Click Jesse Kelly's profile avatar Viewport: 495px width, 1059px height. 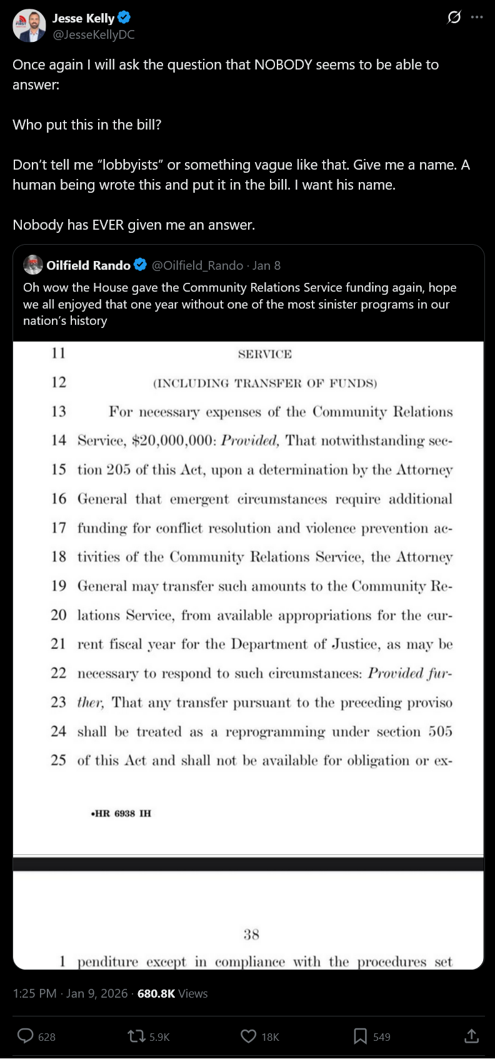pos(29,26)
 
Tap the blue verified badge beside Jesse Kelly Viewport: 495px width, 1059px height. pos(124,18)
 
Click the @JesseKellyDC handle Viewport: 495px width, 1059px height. pos(94,35)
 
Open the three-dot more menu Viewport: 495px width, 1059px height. pos(477,18)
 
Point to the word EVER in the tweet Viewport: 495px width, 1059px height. pos(107,225)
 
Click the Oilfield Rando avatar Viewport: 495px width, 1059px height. pos(33,265)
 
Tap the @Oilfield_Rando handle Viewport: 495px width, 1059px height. pos(197,265)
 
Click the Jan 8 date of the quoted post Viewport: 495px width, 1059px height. pos(267,265)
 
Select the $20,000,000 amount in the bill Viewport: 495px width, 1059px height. pos(172,441)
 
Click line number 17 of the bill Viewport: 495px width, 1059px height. pos(59,528)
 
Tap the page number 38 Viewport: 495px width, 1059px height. pos(251,934)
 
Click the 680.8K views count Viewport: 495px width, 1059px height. pos(156,993)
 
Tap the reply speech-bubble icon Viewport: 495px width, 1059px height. pos(26,1036)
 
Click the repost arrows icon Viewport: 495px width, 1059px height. pos(136,1036)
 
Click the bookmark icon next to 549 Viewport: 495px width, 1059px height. pos(361,1036)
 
